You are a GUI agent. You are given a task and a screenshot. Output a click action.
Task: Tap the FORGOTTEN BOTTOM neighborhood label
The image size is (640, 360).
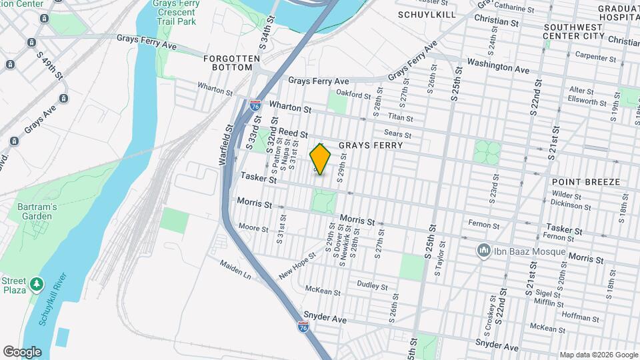(231, 63)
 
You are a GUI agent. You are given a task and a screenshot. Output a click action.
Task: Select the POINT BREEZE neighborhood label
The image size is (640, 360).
(586, 182)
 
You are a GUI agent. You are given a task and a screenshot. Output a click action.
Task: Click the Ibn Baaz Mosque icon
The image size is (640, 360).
(483, 251)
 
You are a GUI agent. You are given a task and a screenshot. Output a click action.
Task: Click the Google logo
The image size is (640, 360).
(22, 351)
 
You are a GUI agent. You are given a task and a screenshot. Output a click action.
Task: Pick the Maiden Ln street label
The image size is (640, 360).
(236, 269)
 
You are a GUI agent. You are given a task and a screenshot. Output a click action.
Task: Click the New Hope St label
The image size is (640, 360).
(297, 266)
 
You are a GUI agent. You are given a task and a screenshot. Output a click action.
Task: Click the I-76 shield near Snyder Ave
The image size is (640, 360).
(304, 327)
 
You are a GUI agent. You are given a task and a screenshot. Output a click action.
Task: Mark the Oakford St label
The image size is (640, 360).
(353, 95)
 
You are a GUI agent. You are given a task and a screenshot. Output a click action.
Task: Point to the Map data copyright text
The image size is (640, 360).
(599, 355)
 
